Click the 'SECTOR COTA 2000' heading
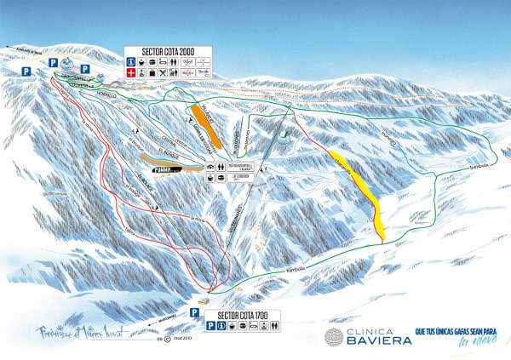click(159, 51)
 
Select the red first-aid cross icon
click(129, 74)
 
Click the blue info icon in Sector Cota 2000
click(129, 62)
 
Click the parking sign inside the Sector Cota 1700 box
click(197, 323)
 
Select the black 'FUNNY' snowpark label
click(175, 169)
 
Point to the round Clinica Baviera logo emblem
click(335, 336)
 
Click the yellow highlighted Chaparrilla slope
click(355, 191)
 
